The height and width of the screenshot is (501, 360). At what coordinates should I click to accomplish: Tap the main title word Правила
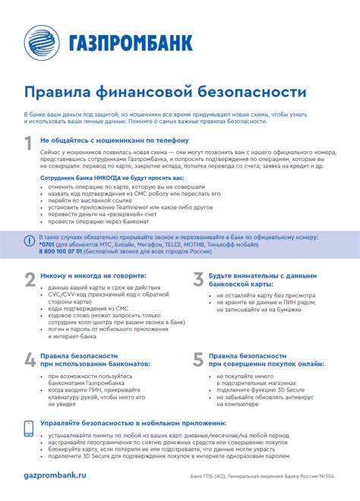56,91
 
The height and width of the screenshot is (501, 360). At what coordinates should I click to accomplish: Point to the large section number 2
30,279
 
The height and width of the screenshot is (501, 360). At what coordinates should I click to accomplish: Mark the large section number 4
30,359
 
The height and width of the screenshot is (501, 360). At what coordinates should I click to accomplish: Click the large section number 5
197,359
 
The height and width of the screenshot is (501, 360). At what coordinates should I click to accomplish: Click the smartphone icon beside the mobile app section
29,429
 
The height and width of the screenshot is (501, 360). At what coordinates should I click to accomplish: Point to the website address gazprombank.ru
55,473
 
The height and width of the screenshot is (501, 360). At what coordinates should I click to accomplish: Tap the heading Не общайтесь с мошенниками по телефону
114,140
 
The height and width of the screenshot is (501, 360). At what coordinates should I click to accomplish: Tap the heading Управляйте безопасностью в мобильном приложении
133,423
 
